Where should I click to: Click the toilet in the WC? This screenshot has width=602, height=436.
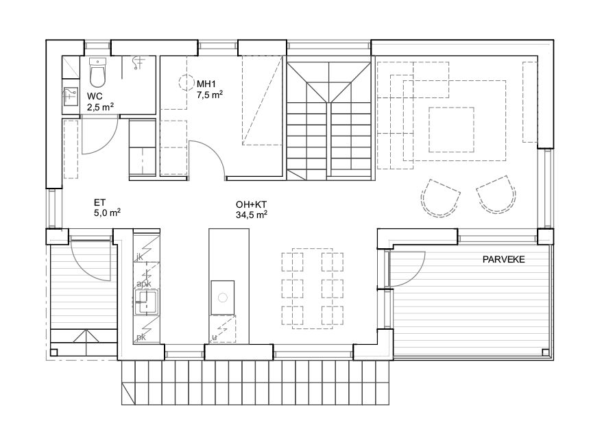[x=97, y=73]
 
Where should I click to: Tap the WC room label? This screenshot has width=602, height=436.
[x=95, y=97]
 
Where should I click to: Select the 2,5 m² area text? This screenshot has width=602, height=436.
[x=100, y=107]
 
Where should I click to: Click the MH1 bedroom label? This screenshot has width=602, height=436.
[x=206, y=84]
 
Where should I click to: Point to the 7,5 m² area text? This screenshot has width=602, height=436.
[x=210, y=95]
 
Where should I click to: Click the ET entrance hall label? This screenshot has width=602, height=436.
[x=100, y=203]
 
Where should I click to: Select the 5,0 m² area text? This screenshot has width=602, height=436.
[x=108, y=213]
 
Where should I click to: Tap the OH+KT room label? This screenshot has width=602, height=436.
[x=252, y=205]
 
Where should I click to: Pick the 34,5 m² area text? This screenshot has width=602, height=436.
[x=252, y=215]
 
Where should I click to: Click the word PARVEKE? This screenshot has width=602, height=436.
[x=504, y=259]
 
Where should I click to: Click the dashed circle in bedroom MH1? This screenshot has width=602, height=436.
[x=187, y=82]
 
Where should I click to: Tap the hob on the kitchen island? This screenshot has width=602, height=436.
[x=223, y=298]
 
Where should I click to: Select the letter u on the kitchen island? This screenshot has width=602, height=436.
[x=215, y=337]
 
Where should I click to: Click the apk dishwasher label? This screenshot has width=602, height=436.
[x=144, y=284]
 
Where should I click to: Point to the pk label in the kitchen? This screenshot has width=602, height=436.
[x=141, y=337]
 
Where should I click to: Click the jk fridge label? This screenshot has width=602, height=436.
[x=140, y=257]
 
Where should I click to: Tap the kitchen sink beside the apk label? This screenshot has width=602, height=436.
[x=146, y=302]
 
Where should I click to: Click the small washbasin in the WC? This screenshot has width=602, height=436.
[x=70, y=97]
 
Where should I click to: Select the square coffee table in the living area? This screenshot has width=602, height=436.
[x=451, y=130]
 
